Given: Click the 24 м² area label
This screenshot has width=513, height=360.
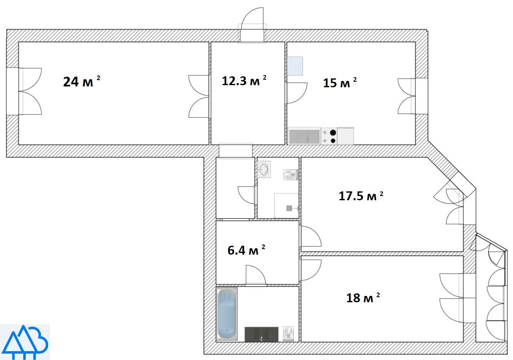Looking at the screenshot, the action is point(81,81).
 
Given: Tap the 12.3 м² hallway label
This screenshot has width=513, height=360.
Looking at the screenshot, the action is point(244,81).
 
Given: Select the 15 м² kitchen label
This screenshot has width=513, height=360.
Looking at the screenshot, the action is point(340,82).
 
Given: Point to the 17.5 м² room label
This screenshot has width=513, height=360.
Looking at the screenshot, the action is point(361,196).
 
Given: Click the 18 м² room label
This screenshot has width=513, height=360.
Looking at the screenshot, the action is point(363,298).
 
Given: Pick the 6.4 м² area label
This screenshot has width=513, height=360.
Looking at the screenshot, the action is point(246,250).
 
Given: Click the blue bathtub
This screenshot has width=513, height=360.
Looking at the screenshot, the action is point(227,314).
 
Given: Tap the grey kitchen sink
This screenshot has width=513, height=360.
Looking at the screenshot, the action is point(304,137).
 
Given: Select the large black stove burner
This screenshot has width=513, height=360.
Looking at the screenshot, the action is point(333,133).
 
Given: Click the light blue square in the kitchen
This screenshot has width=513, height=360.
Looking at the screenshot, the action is point(295,66).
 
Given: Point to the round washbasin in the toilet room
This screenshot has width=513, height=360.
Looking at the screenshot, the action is point(264,169).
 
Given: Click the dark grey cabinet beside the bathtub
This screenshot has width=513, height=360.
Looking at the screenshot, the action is point(262,334).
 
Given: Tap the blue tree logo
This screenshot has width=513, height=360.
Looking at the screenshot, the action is point(25,342).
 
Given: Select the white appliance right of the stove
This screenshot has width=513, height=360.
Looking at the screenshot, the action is point(346,136).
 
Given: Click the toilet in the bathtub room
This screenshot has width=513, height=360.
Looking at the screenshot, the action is point(288,334).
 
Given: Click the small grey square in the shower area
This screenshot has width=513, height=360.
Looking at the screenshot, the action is point(289,208).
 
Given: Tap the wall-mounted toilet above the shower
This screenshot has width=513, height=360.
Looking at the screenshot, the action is point(291,175).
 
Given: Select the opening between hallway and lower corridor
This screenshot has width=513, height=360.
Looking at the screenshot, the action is point(236,151).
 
